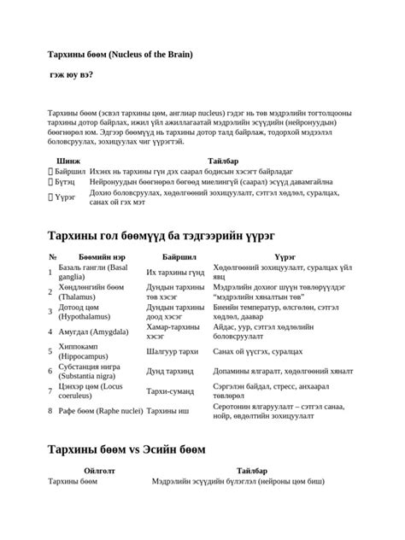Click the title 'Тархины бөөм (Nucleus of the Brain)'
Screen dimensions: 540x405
click(120, 55)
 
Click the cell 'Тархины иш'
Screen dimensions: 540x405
click(167, 410)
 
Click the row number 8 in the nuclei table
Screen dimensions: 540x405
click(51, 410)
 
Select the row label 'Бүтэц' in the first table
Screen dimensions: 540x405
click(67, 182)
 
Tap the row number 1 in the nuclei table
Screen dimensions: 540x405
click(51, 272)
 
